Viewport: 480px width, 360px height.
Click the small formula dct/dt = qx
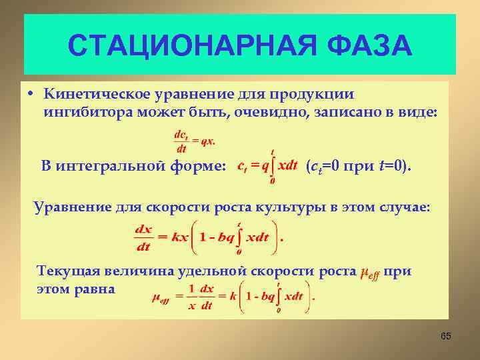[x=194, y=141]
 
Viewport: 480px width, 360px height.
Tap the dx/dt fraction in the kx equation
[x=143, y=238]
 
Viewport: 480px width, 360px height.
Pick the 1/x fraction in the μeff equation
[x=191, y=297]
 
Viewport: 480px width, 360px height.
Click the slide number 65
[x=445, y=337]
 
